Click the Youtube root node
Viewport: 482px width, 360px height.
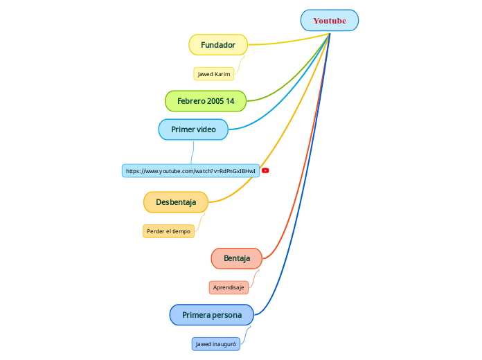point(330,21)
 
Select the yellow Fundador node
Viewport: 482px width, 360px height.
point(218,45)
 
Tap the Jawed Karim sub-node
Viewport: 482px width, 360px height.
point(213,74)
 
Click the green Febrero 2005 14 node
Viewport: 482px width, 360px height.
point(206,101)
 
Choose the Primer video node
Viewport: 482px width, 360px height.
point(193,129)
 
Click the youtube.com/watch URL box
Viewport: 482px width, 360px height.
point(190,171)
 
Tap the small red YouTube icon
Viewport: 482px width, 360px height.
point(265,170)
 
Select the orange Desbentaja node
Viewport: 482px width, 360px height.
point(176,202)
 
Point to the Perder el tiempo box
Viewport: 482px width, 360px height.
point(168,231)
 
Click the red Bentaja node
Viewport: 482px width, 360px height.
point(237,258)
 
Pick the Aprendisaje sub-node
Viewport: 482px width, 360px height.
point(229,287)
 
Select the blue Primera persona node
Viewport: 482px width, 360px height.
point(212,315)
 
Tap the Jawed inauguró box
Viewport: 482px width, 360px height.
point(216,344)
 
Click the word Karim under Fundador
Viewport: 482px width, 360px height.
point(222,74)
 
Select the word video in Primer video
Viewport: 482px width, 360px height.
point(205,129)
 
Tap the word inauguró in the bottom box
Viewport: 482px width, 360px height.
point(225,344)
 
